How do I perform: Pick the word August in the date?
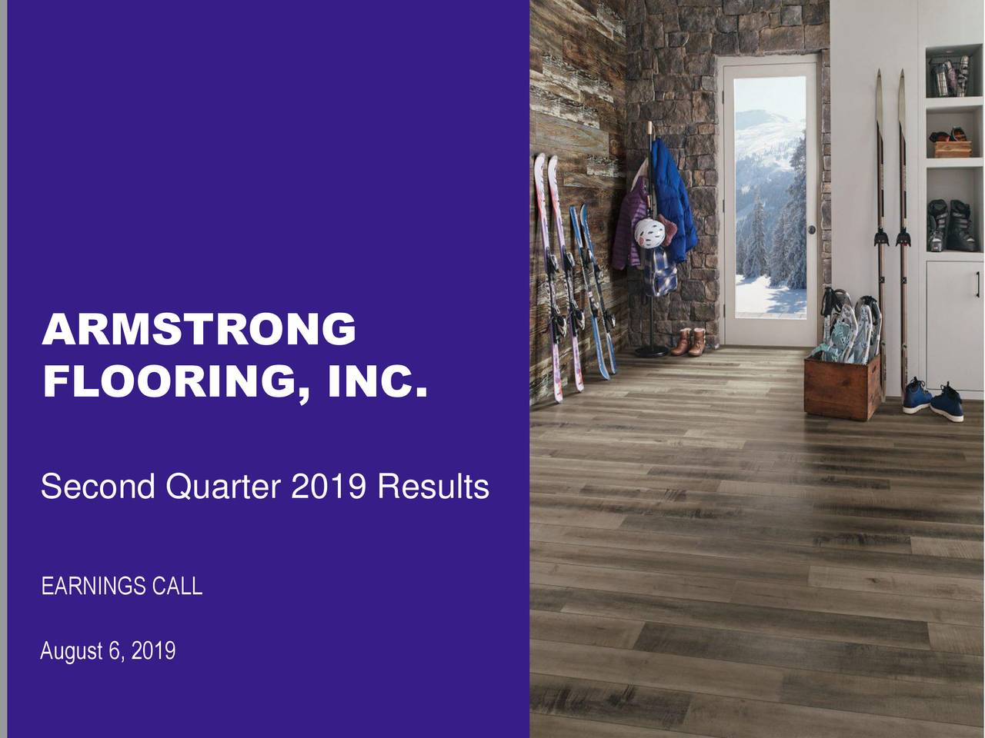pyautogui.click(x=72, y=651)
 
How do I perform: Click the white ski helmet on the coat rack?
pyautogui.click(x=648, y=231)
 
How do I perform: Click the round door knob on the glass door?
pyautogui.click(x=811, y=230)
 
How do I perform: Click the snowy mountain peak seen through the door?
pyautogui.click(x=762, y=123)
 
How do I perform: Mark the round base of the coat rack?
pyautogui.click(x=651, y=351)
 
